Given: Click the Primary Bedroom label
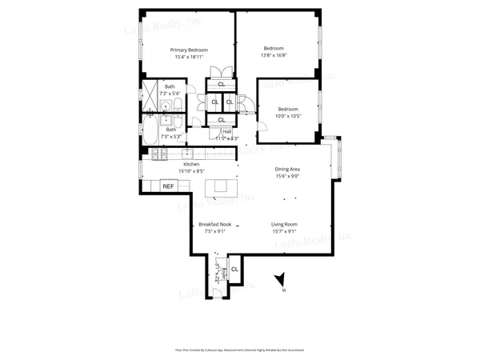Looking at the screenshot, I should (188, 50).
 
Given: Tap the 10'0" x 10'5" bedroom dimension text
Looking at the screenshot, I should (288, 116).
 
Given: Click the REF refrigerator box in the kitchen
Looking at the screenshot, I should (168, 186).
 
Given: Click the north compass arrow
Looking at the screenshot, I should (280, 280).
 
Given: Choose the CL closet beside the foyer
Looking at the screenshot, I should (234, 270).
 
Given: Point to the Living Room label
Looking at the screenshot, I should (284, 225).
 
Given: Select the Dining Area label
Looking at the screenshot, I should (287, 169).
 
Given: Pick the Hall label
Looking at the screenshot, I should (227, 132).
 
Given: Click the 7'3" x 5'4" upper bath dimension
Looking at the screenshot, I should (170, 94).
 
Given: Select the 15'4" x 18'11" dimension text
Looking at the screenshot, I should (188, 57).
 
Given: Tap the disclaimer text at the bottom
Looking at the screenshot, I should (240, 350).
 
